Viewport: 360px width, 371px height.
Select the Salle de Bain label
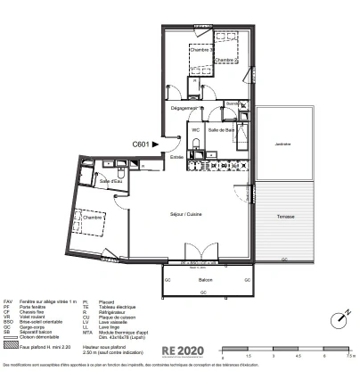pos(221,130)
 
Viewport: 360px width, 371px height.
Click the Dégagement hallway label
pos(184,107)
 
